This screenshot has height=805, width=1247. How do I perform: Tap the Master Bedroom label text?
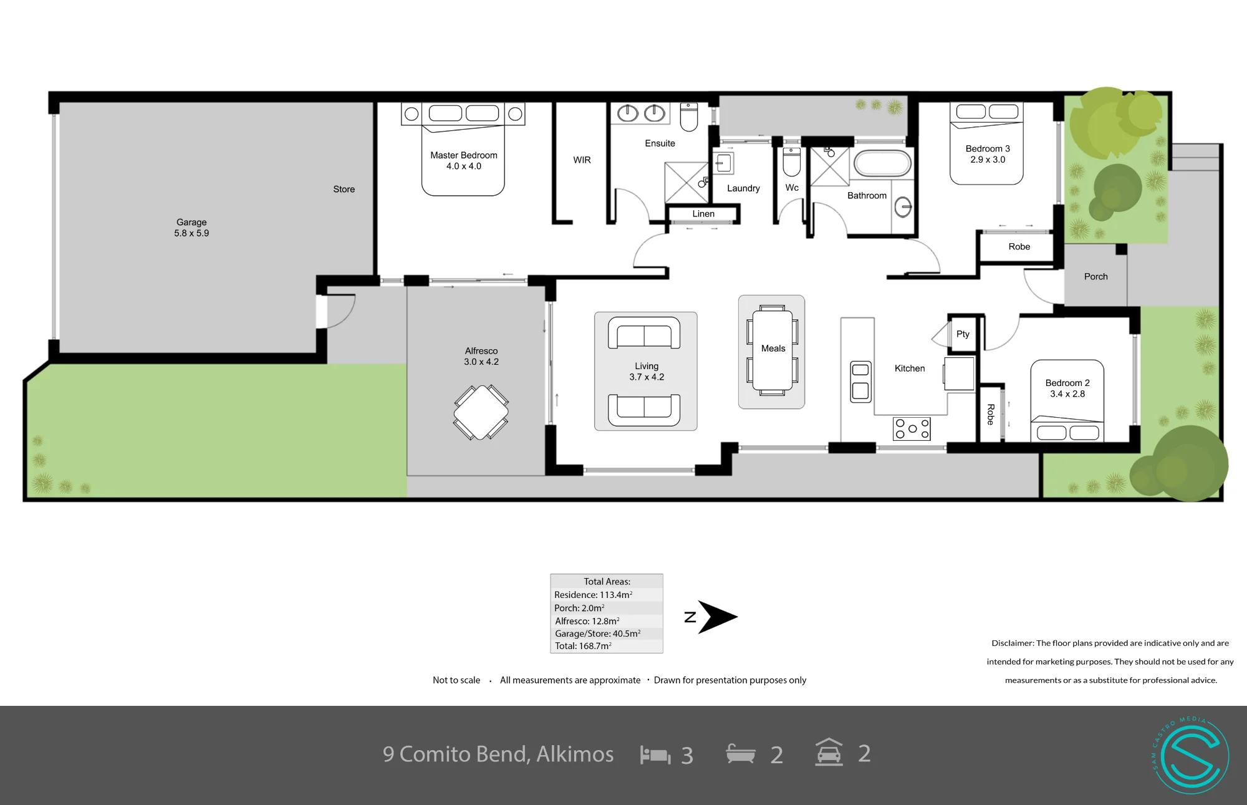coord(464,155)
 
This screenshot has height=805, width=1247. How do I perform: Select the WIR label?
coord(582,160)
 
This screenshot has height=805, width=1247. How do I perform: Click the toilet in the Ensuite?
coord(689,117)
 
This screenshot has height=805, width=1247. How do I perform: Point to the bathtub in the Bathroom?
coord(882,163)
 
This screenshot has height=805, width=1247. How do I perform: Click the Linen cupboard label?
coord(703,214)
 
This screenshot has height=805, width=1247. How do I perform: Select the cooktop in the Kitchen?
coord(912,428)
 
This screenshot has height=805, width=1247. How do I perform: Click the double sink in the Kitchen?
coord(861,381)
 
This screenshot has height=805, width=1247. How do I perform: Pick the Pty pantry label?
coord(963,334)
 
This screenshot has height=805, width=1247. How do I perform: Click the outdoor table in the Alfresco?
coord(481,412)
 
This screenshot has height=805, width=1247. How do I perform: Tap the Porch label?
coord(1095,277)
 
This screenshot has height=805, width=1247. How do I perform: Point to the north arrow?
coord(717,617)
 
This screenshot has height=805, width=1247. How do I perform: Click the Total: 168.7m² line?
coord(583,646)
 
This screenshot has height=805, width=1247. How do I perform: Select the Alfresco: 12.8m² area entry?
coord(587,621)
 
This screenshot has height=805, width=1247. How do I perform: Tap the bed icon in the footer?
coord(655,755)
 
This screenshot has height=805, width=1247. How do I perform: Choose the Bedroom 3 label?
coord(988,148)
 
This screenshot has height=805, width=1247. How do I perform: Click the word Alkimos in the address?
coord(575,754)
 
